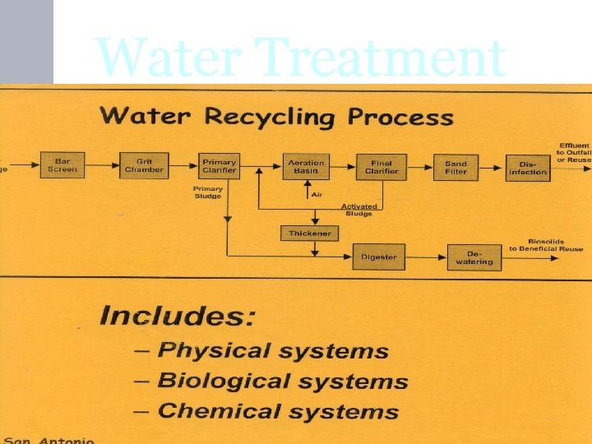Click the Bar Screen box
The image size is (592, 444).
click(x=62, y=165)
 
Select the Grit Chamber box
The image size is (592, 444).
click(x=144, y=165)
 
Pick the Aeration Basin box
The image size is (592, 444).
click(x=306, y=167)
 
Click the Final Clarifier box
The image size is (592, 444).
click(x=379, y=167)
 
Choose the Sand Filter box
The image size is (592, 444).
click(x=456, y=167)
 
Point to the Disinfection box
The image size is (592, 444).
click(x=527, y=168)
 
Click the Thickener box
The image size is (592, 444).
click(x=309, y=234)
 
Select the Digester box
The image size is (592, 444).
click(x=378, y=257)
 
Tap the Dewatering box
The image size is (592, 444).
click(x=474, y=257)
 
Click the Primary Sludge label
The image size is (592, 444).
click(x=208, y=192)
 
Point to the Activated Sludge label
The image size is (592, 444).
click(x=359, y=210)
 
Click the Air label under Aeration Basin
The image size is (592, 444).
click(x=317, y=195)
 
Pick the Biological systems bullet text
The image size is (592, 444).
click(x=282, y=381)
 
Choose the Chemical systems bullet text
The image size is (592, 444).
click(x=278, y=411)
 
